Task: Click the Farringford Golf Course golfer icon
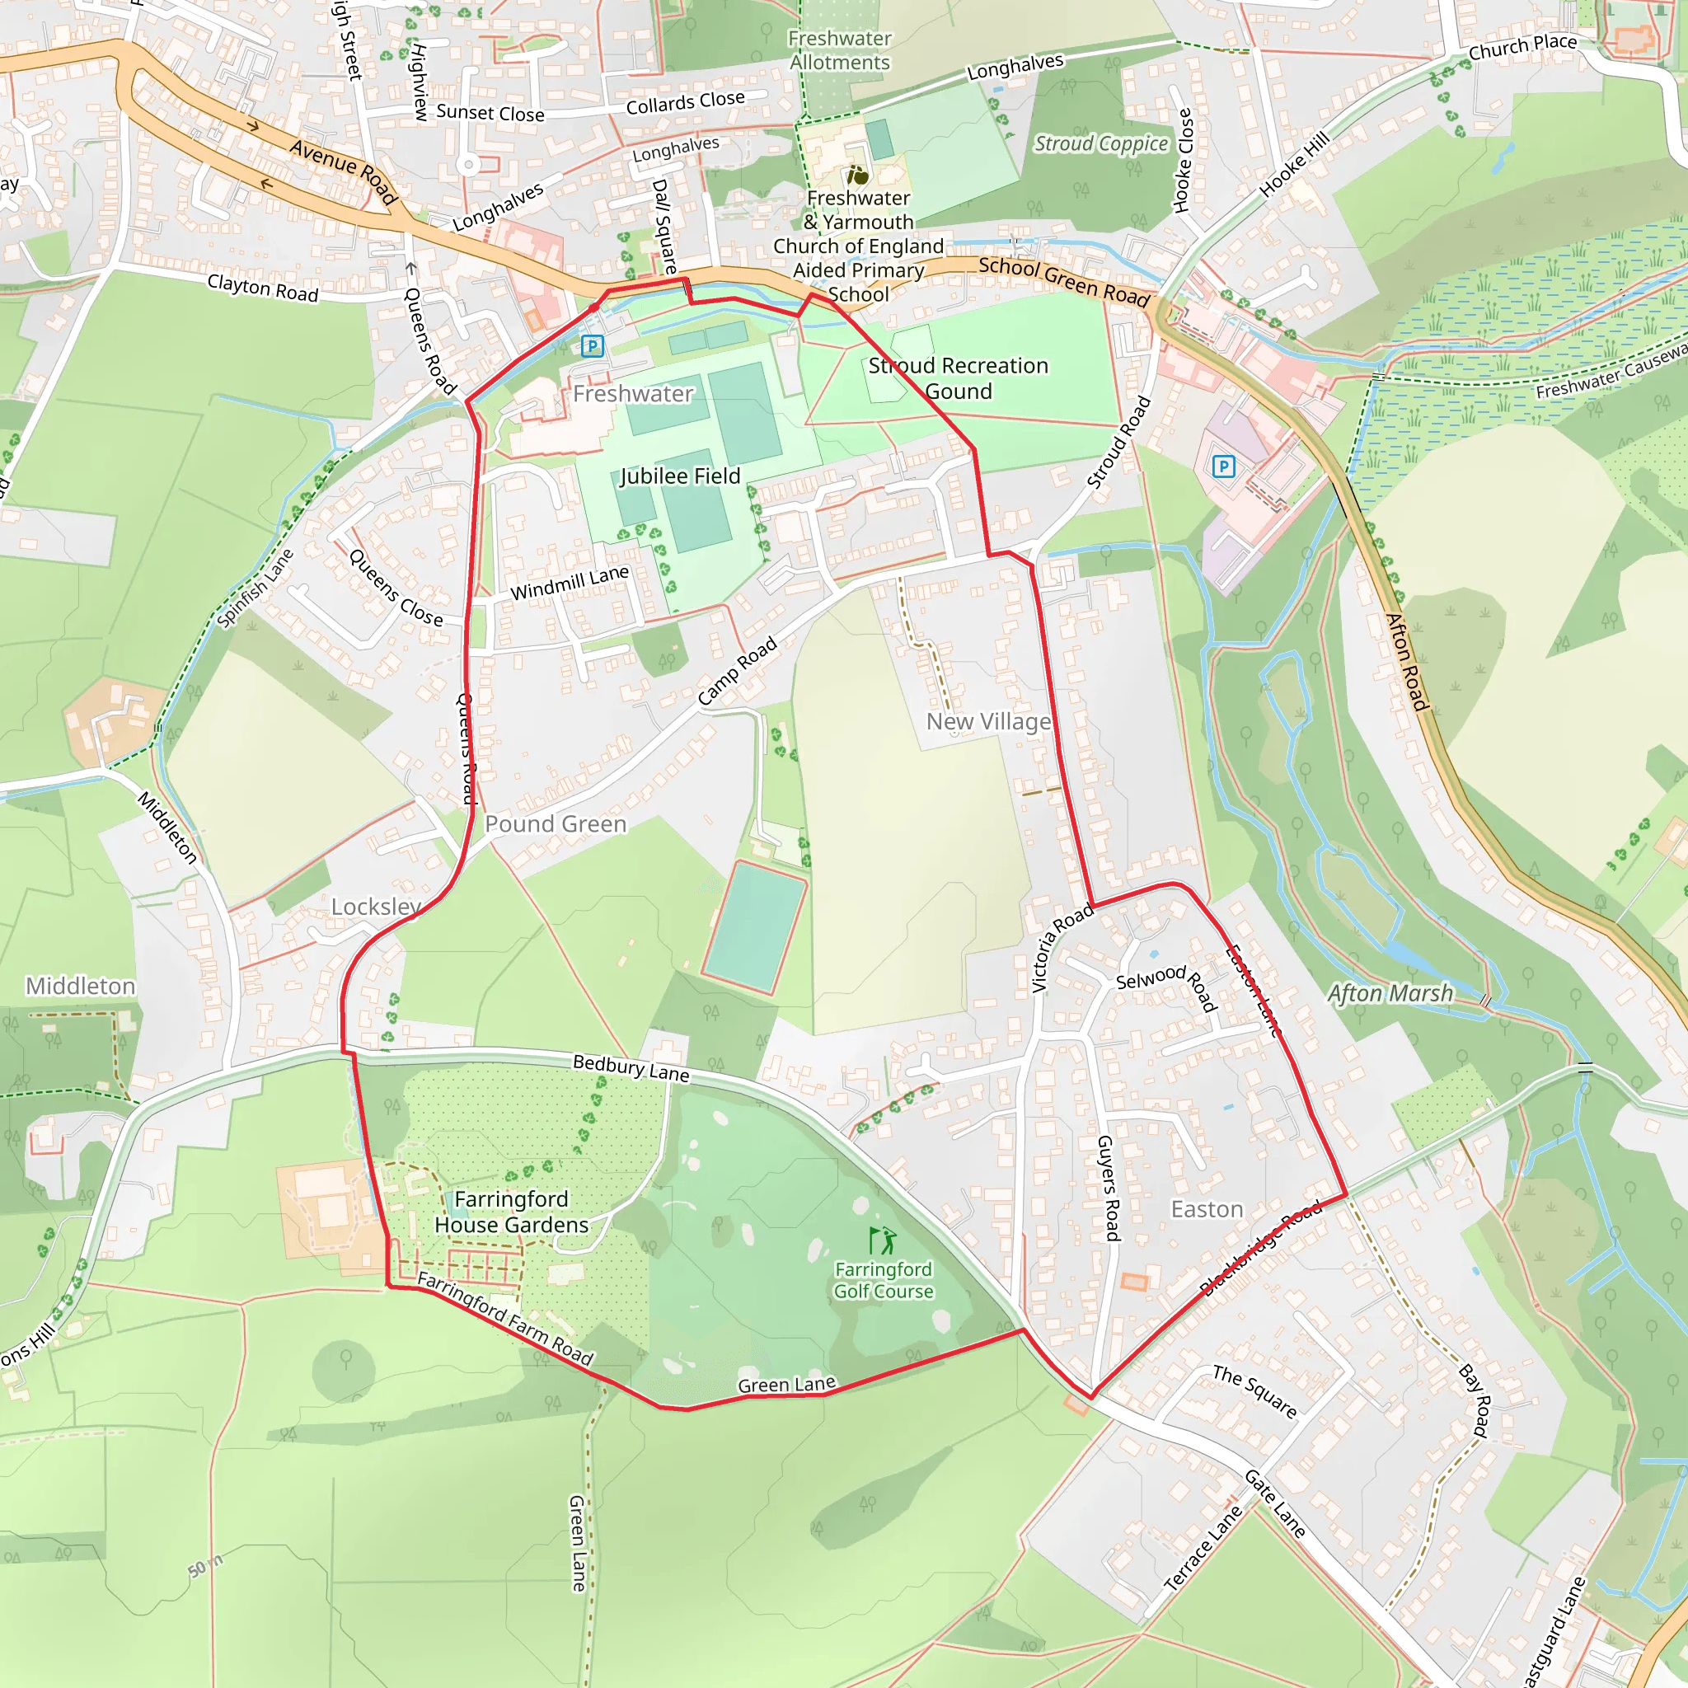(883, 1240)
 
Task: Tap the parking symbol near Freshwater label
(593, 346)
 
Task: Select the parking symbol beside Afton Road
(1224, 467)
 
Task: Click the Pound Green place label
(556, 824)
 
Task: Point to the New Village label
(988, 722)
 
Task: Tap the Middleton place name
(81, 986)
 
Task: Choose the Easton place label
(1207, 1209)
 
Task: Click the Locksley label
(376, 907)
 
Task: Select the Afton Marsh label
(1390, 993)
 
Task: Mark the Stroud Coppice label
(1101, 143)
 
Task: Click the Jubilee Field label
(680, 476)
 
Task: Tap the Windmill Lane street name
(570, 583)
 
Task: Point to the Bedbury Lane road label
(631, 1067)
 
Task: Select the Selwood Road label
(1167, 987)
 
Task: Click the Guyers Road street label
(1108, 1189)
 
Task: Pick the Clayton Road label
(263, 288)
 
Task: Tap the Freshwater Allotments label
(840, 50)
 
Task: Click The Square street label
(1254, 1390)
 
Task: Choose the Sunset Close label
(490, 113)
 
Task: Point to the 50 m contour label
(205, 1567)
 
